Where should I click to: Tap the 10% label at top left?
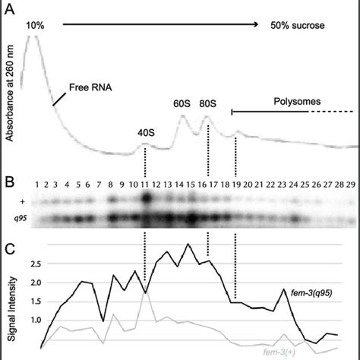35,25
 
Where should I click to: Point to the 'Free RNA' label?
88,86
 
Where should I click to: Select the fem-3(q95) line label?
312,292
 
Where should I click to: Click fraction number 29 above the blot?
350,184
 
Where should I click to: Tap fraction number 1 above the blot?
36,184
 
